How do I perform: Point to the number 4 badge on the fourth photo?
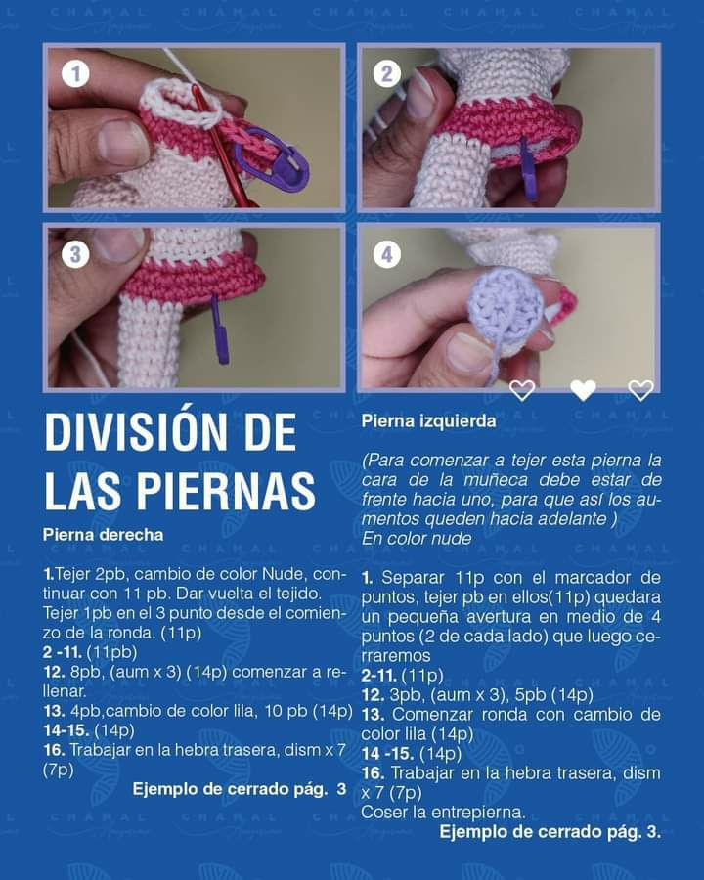387,255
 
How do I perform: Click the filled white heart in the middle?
583,390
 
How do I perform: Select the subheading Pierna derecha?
103,535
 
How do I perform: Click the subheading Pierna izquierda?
428,421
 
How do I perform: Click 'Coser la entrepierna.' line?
443,812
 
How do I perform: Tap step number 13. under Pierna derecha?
54,711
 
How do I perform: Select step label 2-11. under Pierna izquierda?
381,675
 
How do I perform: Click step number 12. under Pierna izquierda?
373,694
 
